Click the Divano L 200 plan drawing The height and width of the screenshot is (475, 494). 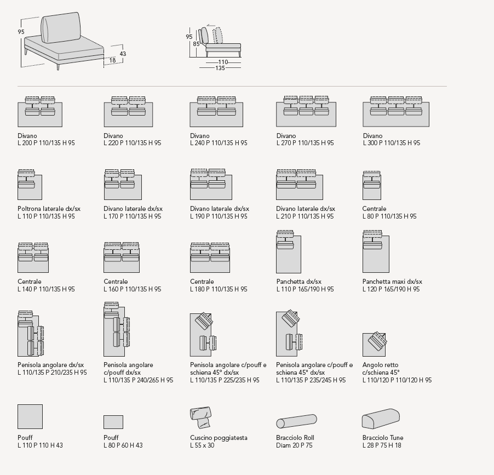coord(40,112)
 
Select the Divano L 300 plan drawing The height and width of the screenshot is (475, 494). coord(396,112)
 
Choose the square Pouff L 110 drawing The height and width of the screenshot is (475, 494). coord(30,416)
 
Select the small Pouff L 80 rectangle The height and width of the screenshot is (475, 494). coord(113,422)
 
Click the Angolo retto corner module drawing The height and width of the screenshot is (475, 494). coord(375,344)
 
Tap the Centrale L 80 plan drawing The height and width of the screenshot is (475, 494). coord(372,186)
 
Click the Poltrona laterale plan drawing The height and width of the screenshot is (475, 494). coord(30,185)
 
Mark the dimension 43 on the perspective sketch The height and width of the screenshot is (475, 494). coord(123,54)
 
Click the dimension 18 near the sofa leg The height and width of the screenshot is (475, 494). coord(112,61)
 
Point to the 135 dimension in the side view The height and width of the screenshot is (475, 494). coord(220,68)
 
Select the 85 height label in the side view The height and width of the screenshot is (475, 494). coord(196,44)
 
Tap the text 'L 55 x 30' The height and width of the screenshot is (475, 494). coord(202,445)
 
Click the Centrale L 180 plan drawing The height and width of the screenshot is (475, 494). coord(210,257)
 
